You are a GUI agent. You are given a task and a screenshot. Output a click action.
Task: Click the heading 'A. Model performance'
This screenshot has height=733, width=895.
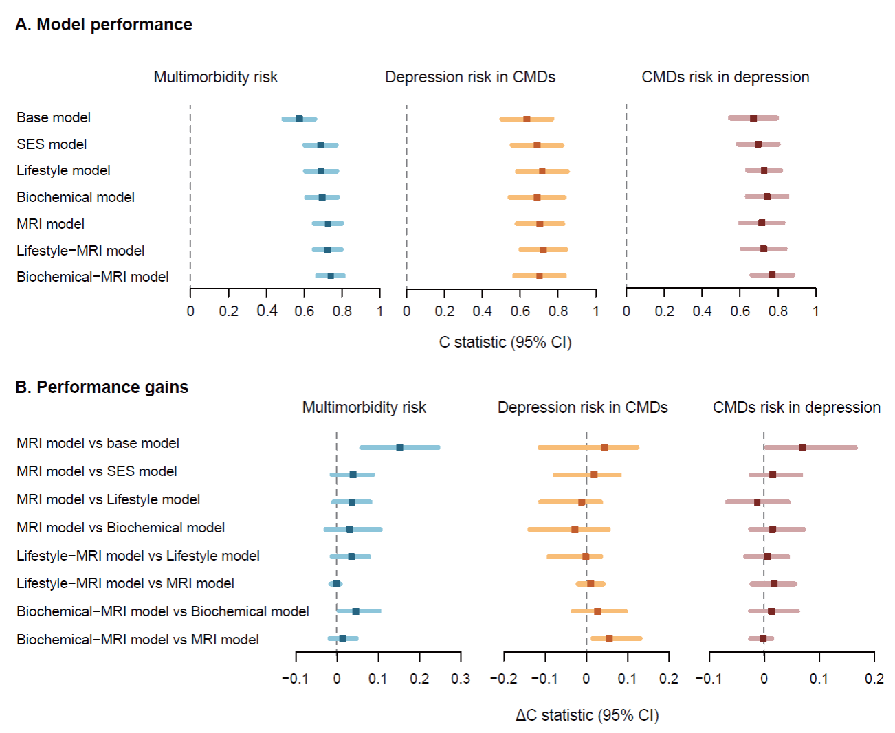pos(104,25)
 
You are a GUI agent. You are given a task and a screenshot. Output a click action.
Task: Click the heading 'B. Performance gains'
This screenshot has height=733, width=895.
pos(102,387)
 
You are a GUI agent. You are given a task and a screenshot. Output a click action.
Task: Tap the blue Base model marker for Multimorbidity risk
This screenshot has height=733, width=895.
pos(299,119)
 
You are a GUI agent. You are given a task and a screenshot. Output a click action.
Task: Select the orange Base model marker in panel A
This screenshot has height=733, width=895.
pos(527,119)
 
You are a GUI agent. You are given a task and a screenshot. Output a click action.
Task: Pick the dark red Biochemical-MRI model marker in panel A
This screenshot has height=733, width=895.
pos(772,275)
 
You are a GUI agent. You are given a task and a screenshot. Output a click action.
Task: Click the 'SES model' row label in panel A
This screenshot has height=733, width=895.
pos(52,144)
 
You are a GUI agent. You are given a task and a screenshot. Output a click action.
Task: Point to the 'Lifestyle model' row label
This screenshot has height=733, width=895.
pos(63,170)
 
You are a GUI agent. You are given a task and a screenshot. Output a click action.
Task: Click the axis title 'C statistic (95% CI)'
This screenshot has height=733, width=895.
pos(505,342)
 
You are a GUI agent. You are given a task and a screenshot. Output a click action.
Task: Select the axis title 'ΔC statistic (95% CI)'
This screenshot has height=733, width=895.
pos(587,715)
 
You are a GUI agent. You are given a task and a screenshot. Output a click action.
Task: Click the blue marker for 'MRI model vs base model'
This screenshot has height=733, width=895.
pos(399,447)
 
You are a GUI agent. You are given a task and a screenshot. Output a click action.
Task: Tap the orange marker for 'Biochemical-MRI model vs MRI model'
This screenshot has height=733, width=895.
pos(609,638)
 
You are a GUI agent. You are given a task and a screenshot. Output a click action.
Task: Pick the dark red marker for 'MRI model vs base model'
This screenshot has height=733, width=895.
pos(802,447)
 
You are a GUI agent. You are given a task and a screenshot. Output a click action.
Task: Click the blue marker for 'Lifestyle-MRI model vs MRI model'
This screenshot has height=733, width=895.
pos(336,584)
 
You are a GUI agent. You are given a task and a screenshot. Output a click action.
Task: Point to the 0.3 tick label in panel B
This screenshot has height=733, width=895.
pos(461,679)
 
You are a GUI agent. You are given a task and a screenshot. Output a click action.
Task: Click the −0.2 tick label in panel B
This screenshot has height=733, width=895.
pos(503,679)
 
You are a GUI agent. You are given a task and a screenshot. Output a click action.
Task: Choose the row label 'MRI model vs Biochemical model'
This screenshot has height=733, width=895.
pos(121,528)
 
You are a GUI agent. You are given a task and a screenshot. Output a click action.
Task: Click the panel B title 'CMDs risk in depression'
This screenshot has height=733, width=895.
pos(797,407)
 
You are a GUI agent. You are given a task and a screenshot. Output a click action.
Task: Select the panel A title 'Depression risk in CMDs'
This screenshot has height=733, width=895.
pos(470,77)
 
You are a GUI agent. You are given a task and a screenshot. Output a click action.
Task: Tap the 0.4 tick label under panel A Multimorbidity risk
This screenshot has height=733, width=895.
pos(267,311)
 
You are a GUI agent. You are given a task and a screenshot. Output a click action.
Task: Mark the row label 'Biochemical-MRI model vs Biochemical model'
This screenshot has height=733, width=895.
pos(163,611)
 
